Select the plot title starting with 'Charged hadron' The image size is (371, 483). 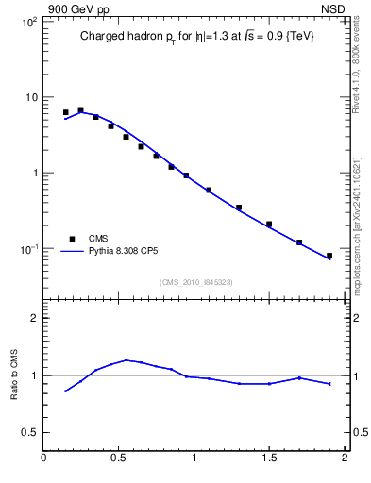pos(196,36)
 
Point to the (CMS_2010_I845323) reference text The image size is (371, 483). pos(195,281)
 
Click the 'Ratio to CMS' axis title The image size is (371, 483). pos(14,375)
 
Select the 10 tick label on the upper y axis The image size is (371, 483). pos(30,97)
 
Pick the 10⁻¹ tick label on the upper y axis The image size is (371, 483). pos(27,249)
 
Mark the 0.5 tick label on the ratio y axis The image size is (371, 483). pos(29,432)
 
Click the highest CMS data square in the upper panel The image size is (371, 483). pos(80,110)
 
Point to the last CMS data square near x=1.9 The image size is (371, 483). pos(329,256)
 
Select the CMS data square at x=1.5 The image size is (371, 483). pos(269,225)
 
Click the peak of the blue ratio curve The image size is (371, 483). pos(126,359)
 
